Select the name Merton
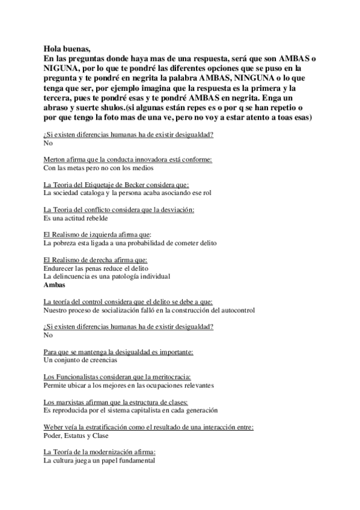55,159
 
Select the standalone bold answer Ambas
54,285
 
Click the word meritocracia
170,376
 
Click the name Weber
54,427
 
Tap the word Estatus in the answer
80,435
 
